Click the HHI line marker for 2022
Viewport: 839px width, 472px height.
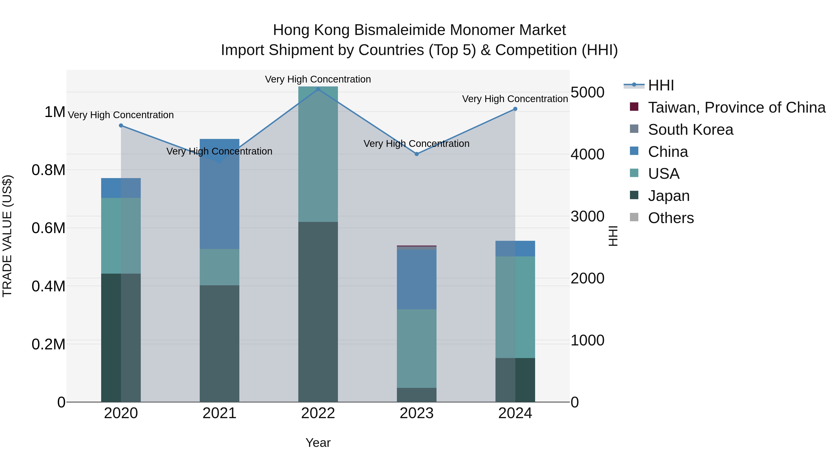(x=318, y=89)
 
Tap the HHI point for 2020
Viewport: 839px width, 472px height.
(x=121, y=125)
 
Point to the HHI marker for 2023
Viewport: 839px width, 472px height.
(x=416, y=154)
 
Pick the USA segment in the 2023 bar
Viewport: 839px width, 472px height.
(x=416, y=348)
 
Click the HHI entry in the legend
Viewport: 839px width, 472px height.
(x=661, y=85)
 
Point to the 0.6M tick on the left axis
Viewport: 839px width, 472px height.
(x=48, y=228)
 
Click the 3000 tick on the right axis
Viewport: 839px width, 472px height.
(x=588, y=216)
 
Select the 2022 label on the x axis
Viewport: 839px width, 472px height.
(x=318, y=413)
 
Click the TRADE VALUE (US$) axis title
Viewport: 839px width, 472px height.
(x=7, y=236)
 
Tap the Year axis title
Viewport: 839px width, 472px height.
(x=318, y=443)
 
